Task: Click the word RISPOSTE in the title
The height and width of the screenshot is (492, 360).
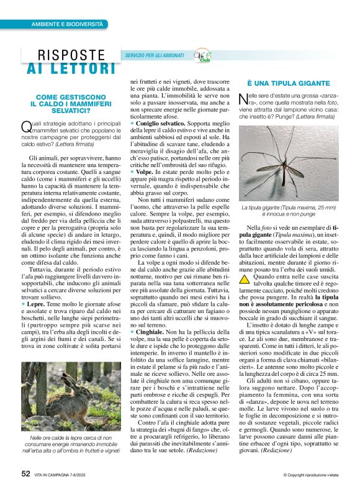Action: [x=71, y=55]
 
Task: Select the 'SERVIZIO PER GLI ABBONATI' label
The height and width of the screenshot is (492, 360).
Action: [x=156, y=56]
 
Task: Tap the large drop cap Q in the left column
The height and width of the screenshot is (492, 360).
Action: [x=25, y=127]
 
